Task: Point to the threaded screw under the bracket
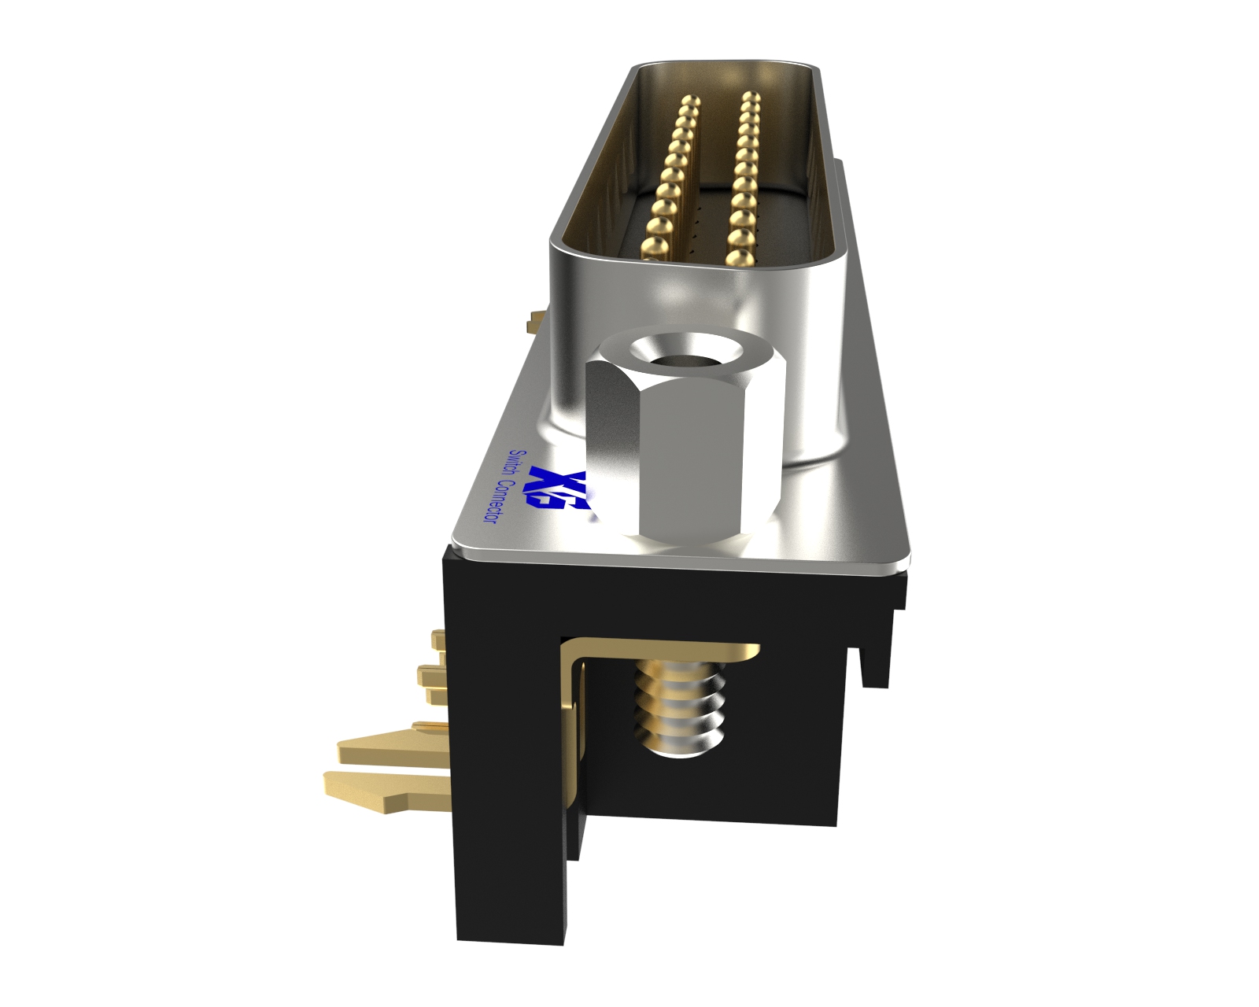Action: point(678,708)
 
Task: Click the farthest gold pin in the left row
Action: point(691,102)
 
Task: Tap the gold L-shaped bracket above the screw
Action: point(669,651)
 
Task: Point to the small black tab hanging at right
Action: point(873,665)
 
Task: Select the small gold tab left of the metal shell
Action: point(536,320)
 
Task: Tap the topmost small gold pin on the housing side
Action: point(438,640)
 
